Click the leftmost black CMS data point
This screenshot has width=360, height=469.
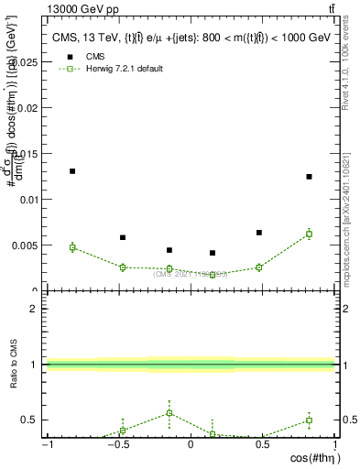(72, 171)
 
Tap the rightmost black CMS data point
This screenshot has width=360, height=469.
(309, 177)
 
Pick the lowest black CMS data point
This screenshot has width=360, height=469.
(213, 253)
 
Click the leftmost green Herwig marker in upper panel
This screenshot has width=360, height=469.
(72, 247)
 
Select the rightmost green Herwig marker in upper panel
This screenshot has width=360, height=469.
(309, 234)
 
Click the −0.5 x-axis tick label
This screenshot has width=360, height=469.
(118, 445)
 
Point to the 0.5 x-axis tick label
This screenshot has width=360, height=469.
(263, 445)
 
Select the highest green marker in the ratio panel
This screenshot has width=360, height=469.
(169, 413)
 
